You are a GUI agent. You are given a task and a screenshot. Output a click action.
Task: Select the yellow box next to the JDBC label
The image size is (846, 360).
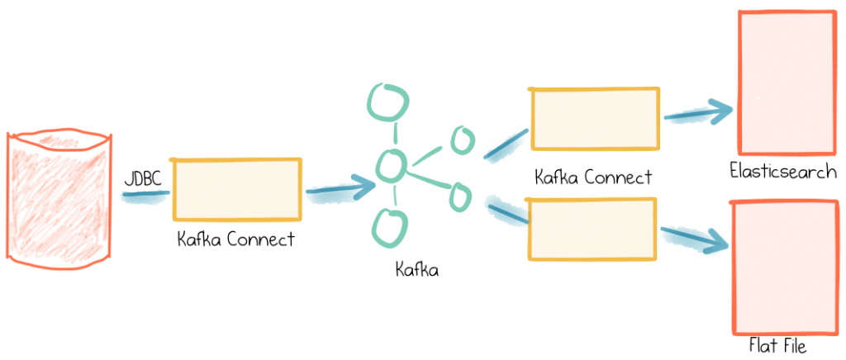(237, 189)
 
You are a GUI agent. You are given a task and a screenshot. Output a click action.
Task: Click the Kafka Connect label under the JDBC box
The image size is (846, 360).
(236, 239)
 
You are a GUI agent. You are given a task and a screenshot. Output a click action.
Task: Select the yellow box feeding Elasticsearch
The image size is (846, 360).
(595, 119)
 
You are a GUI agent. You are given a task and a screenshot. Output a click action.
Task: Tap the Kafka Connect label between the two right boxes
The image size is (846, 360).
(593, 177)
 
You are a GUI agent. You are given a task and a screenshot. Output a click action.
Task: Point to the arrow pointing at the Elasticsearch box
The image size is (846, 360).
(699, 111)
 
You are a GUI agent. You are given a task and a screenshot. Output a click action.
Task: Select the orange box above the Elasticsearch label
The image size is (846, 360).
(786, 83)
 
